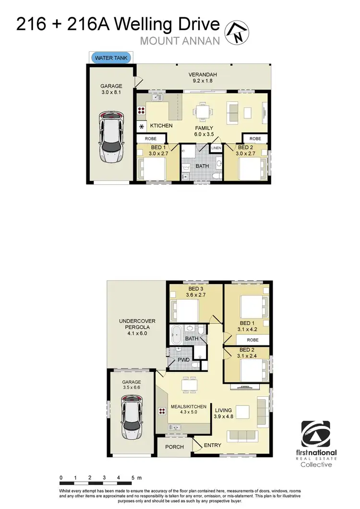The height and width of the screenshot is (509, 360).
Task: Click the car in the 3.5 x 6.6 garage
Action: click(132, 417)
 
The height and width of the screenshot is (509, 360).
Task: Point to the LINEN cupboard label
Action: click(217, 148)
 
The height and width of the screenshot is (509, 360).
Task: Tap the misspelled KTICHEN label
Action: click(161, 126)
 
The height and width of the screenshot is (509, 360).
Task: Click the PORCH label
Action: click(174, 447)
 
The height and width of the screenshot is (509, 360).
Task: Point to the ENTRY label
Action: click(213, 445)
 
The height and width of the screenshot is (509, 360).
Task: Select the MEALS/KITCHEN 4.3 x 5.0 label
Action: click(189, 410)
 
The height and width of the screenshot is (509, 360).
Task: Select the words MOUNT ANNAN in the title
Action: click(180, 41)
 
